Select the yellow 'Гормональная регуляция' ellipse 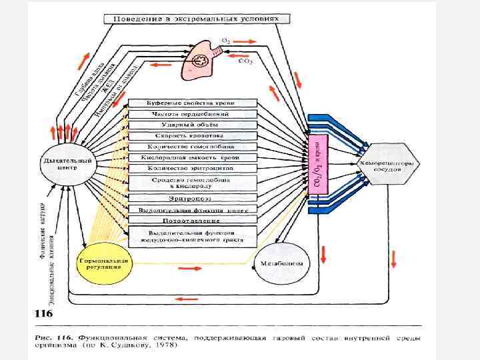click(103, 262)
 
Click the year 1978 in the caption click(171, 346)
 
